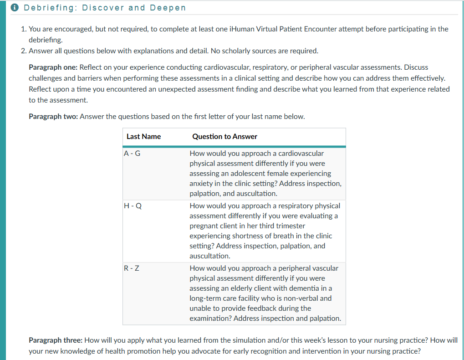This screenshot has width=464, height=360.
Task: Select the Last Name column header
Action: click(143, 136)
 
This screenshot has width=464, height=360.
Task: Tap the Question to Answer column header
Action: click(224, 136)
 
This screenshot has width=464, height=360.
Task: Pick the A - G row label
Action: click(132, 154)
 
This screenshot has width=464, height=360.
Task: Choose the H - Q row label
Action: click(133, 206)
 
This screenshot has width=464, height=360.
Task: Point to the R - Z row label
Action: click(132, 268)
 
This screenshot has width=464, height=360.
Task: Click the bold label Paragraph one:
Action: click(53, 67)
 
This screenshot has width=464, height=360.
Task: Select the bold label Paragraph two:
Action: click(53, 116)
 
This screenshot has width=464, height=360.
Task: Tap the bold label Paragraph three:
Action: click(56, 340)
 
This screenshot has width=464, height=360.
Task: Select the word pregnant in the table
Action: click(205, 226)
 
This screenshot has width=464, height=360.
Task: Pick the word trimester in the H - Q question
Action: click(290, 226)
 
